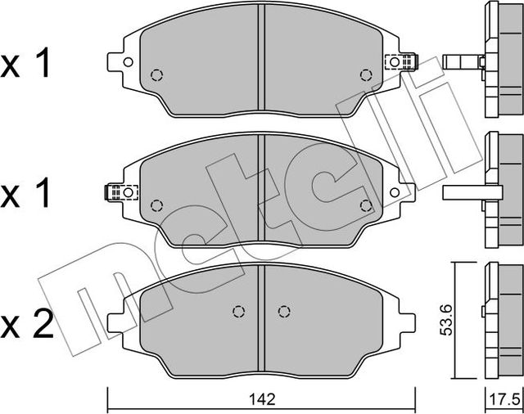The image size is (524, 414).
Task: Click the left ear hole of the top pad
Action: pyautogui.click(x=128, y=62)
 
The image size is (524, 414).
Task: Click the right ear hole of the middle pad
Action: pyautogui.click(x=395, y=192)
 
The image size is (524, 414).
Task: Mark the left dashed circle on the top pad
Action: pyautogui.click(x=157, y=75)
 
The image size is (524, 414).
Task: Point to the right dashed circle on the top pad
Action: pyautogui.click(x=365, y=75)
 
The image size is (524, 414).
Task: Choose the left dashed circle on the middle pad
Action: pyautogui.click(x=157, y=205)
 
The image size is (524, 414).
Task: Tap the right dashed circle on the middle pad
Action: pyautogui.click(x=365, y=205)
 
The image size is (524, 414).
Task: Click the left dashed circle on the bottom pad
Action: pyautogui.click(x=240, y=311)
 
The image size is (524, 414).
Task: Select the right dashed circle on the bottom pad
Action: pyautogui.click(x=283, y=311)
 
